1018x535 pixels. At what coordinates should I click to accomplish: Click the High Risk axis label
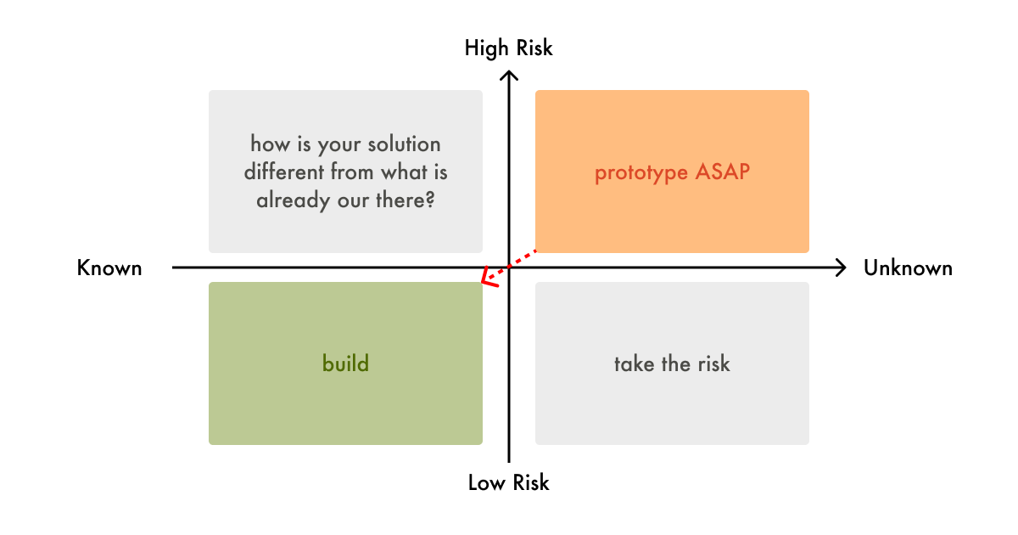pyautogui.click(x=508, y=48)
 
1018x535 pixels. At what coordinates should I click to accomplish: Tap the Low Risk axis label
pyautogui.click(x=508, y=483)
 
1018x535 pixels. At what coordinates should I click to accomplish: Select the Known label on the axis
pyautogui.click(x=109, y=268)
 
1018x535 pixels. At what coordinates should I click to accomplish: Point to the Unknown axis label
pyautogui.click(x=908, y=268)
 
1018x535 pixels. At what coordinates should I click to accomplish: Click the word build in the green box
pyautogui.click(x=345, y=364)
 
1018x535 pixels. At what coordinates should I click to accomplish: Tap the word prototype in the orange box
pyautogui.click(x=640, y=173)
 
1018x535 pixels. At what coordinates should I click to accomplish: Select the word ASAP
pyautogui.click(x=723, y=172)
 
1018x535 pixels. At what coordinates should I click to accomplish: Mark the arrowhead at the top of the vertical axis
pyautogui.click(x=509, y=76)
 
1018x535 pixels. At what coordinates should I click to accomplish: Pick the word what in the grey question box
pyautogui.click(x=403, y=172)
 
